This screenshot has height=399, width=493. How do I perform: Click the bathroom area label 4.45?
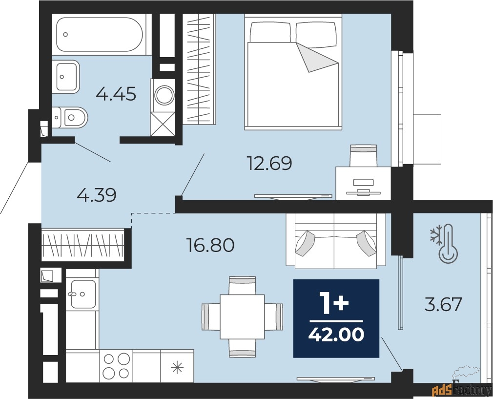(x=116, y=94)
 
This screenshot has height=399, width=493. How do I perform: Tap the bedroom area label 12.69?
(x=270, y=163)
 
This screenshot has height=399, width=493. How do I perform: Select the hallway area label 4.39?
(x=97, y=195)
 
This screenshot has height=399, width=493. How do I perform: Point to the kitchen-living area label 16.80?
(x=210, y=245)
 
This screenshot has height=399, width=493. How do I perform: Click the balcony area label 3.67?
(x=443, y=304)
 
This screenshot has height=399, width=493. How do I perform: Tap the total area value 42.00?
(x=336, y=335)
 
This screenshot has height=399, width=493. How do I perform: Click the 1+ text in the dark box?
(x=334, y=303)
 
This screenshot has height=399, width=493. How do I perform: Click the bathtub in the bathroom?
(x=100, y=34)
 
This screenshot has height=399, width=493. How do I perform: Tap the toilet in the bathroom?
(x=69, y=118)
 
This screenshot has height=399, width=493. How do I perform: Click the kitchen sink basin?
(x=83, y=294)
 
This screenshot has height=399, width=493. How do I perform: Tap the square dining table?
(x=242, y=316)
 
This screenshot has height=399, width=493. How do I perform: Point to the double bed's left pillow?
(x=270, y=31)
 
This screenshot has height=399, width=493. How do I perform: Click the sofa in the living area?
(x=336, y=241)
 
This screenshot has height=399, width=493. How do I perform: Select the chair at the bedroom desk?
(x=364, y=155)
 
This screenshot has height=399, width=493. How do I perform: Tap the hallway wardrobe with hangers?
(x=82, y=245)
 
